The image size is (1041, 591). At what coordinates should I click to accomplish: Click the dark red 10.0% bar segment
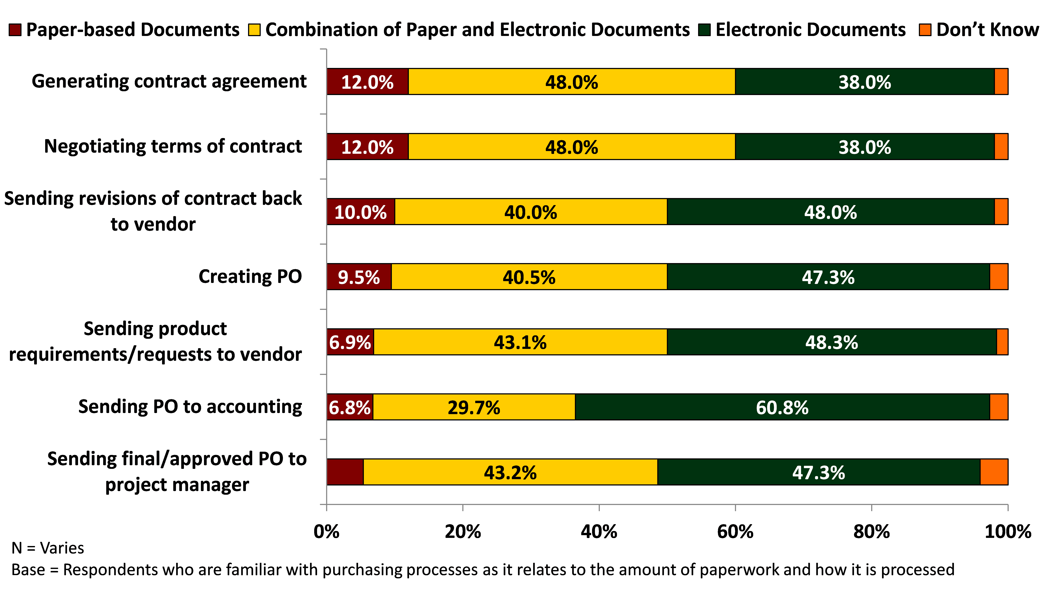[360, 211]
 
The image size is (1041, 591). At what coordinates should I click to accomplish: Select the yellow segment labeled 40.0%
[531, 211]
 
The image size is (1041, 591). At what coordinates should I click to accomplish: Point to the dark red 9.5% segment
[359, 277]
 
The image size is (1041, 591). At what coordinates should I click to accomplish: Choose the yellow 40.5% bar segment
[529, 277]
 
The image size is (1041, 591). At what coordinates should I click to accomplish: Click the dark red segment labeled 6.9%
[350, 342]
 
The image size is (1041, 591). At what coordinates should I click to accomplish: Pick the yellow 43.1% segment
[520, 342]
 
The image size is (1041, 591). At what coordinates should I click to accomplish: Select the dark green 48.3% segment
[832, 342]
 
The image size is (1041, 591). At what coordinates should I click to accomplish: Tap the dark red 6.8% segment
[349, 407]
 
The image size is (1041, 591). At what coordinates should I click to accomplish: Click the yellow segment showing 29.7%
[474, 407]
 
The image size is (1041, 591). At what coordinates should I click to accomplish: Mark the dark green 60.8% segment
[782, 407]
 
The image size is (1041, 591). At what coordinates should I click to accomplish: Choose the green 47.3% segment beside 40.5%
[828, 277]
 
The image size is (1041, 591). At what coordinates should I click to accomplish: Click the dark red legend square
[15, 30]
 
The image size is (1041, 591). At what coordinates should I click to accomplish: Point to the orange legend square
[925, 30]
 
